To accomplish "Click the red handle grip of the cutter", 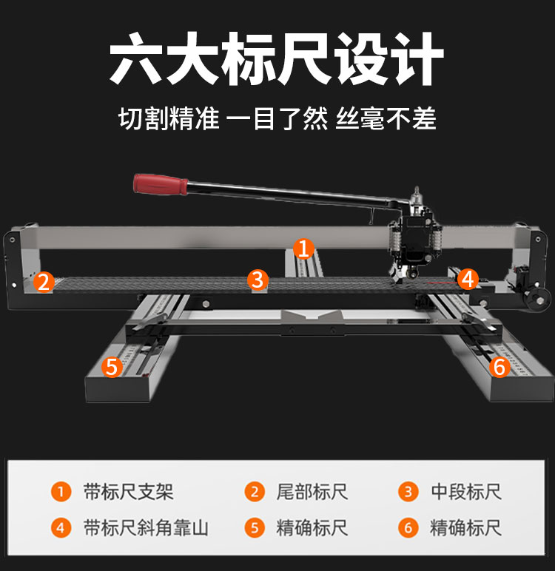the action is point(161,184).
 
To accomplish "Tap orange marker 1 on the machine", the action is point(303,249).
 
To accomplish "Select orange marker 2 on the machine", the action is point(44,283).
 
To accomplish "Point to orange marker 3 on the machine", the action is point(258,280).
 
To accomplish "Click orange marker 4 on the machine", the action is point(468,279).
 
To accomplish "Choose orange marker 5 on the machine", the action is point(112,367).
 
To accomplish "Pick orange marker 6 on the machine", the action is point(499,366).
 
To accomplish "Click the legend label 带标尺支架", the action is point(128,492).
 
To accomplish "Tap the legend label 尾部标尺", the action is point(312,492).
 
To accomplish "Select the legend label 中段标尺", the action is point(466,492).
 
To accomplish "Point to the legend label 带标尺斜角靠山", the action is point(146,527).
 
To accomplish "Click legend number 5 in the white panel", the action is point(255,528).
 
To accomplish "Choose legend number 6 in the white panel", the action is point(408,528).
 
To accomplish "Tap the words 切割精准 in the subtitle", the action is point(169,118).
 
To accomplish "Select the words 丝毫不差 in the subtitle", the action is point(386,118).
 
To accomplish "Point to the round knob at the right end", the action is point(537,300).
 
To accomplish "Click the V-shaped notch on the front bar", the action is point(312,316).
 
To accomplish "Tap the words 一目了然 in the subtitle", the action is point(277,118).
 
